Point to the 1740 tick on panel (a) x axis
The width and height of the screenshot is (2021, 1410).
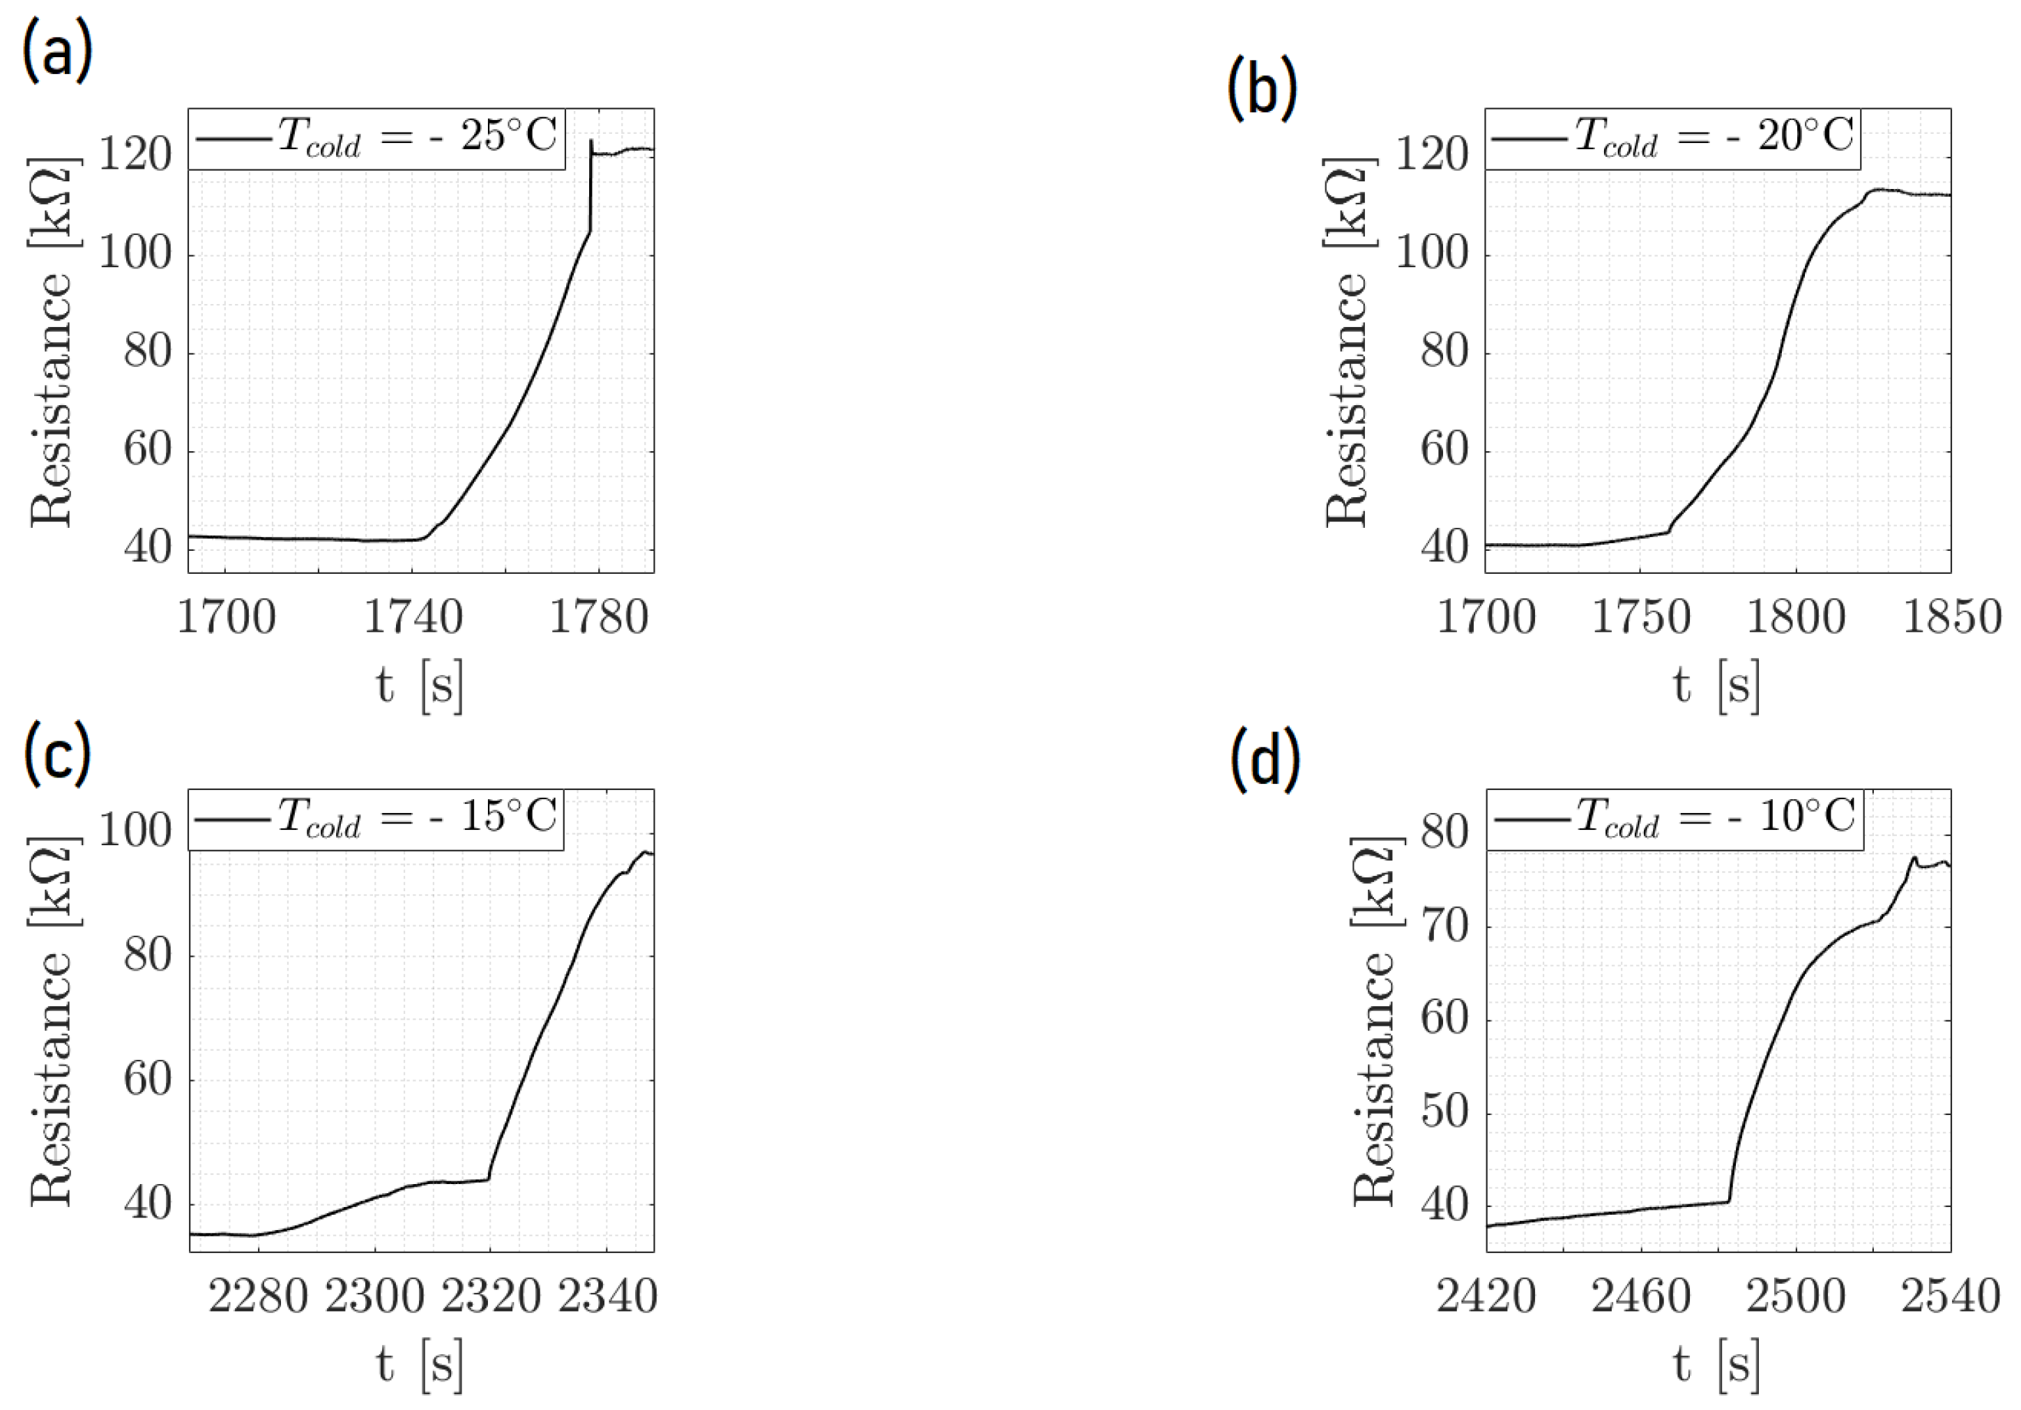point(413,617)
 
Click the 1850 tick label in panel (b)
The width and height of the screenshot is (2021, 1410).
point(1951,617)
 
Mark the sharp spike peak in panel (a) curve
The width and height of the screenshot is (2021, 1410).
point(591,140)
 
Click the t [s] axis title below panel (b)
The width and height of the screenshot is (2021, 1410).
point(1716,686)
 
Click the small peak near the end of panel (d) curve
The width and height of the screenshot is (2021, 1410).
point(1914,858)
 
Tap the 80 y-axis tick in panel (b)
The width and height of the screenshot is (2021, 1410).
point(1444,352)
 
